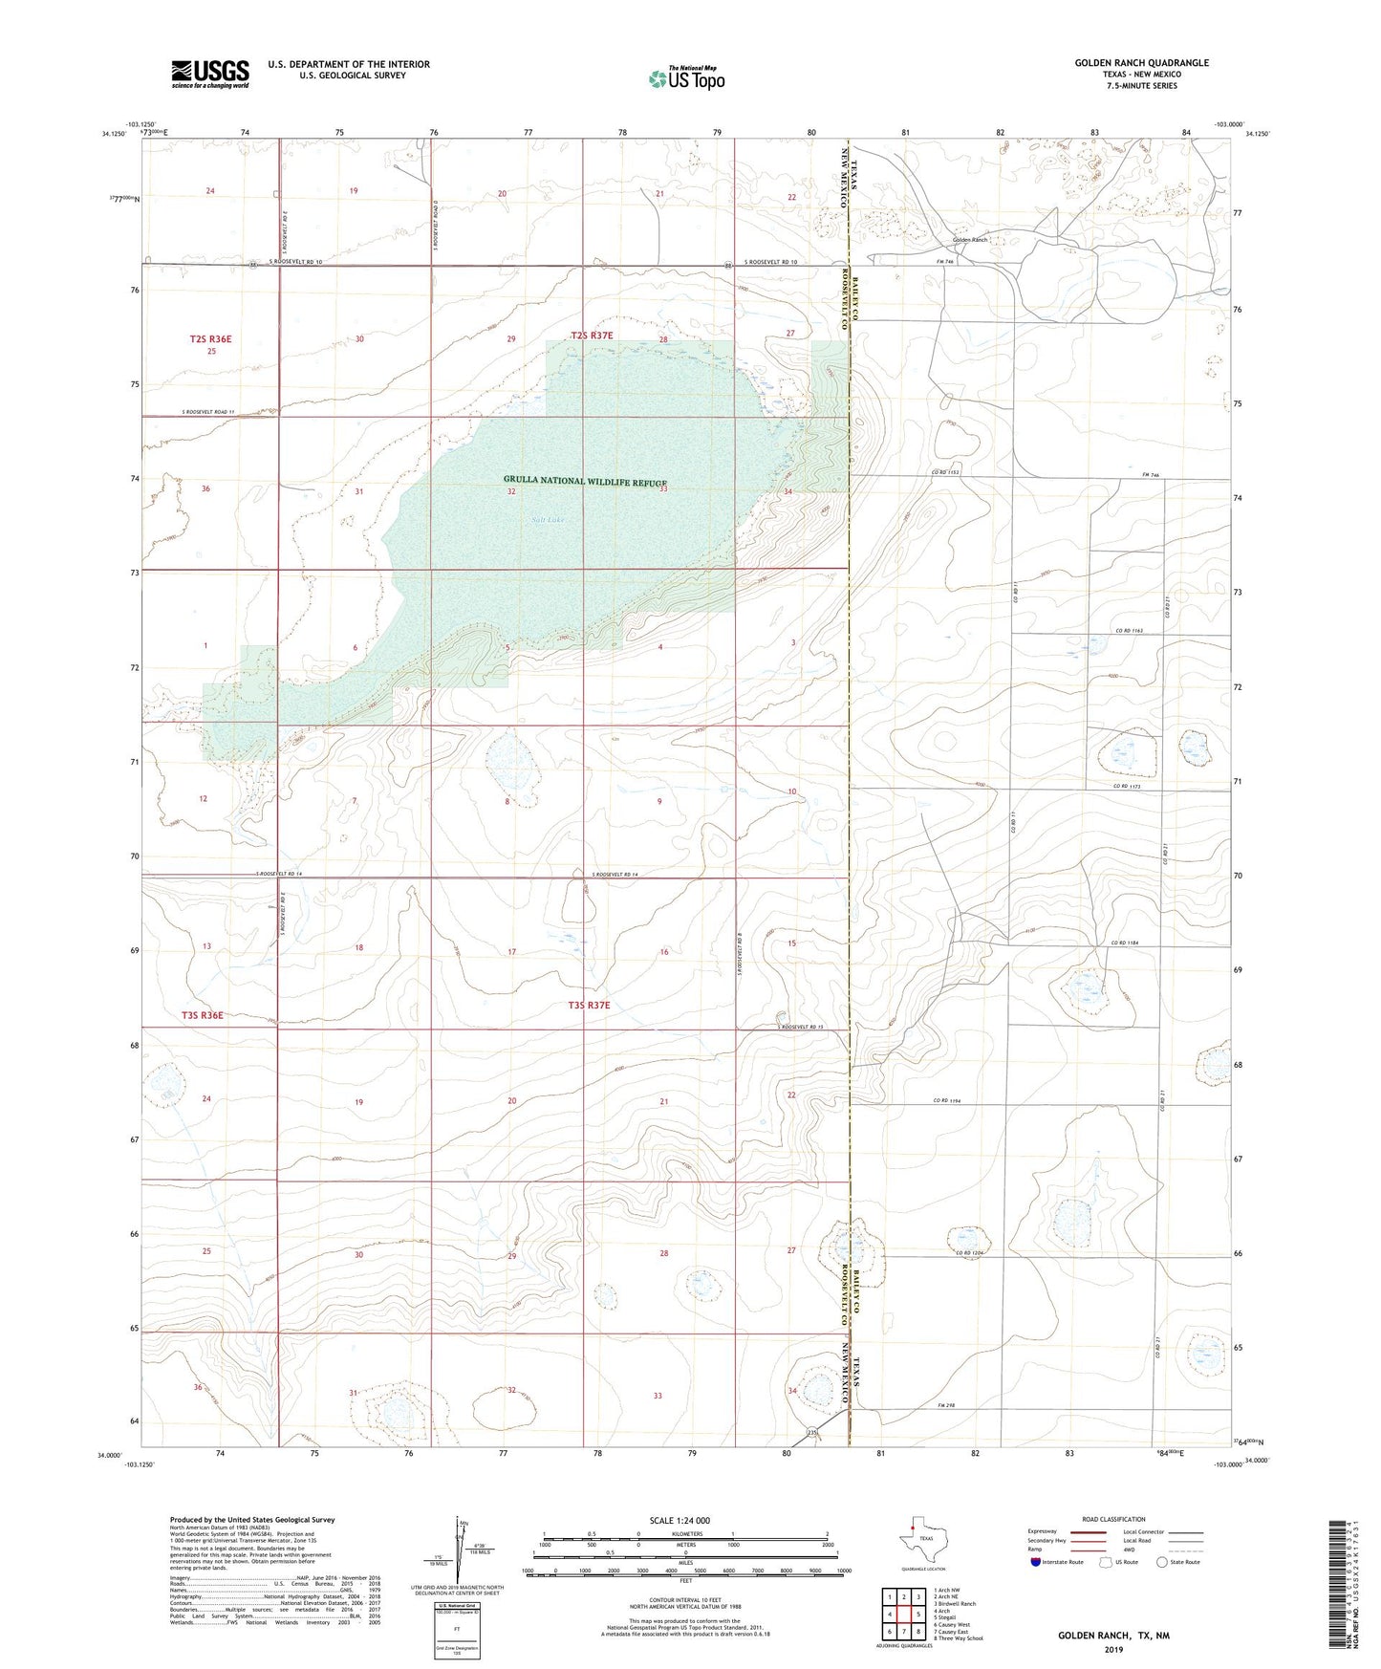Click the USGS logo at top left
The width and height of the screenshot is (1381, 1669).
coord(209,74)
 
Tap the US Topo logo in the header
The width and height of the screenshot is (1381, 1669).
coord(686,79)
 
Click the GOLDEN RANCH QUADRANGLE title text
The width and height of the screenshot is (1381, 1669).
coord(1141,63)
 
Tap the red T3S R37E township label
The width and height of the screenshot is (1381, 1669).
coord(589,1006)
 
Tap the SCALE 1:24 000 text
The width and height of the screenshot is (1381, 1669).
coord(680,1520)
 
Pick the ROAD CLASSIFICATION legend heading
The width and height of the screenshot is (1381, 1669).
coord(1114,1519)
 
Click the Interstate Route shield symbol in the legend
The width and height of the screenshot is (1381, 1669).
coord(1037,1562)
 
